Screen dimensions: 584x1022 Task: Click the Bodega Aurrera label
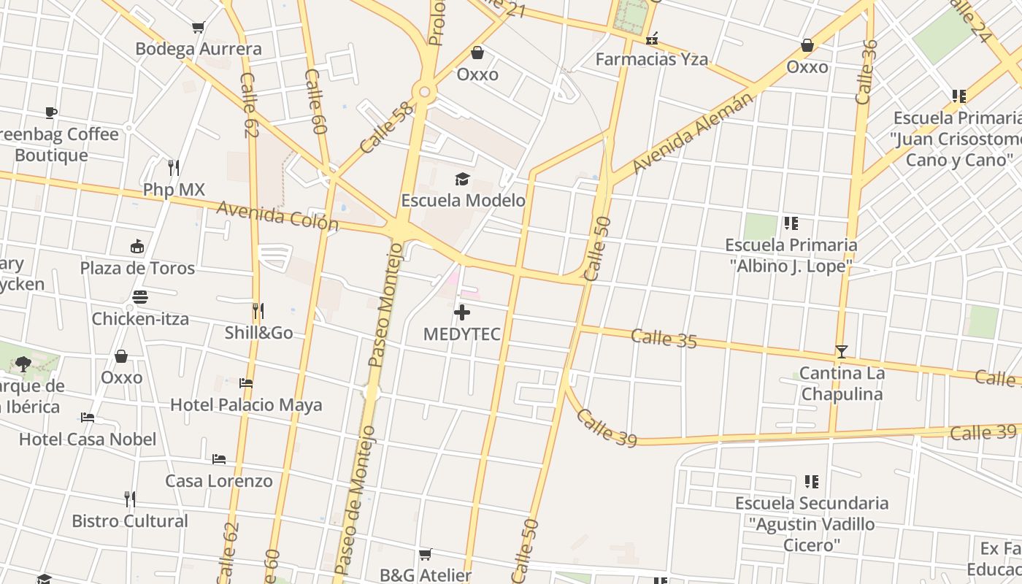pyautogui.click(x=198, y=49)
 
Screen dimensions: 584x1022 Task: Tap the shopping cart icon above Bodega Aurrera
pyautogui.click(x=198, y=28)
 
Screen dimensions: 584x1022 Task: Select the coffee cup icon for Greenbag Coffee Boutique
pyautogui.click(x=50, y=112)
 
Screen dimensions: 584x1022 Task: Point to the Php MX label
pyautogui.click(x=174, y=190)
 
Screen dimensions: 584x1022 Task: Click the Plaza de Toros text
pyautogui.click(x=137, y=268)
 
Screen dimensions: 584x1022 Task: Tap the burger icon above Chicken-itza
pyautogui.click(x=140, y=297)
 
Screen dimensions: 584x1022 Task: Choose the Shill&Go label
pyautogui.click(x=258, y=333)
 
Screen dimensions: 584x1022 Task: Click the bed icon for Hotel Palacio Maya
pyautogui.click(x=246, y=383)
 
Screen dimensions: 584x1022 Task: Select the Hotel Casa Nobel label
pyautogui.click(x=88, y=439)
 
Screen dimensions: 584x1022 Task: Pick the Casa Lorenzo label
pyautogui.click(x=219, y=480)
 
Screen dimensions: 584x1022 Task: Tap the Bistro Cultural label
pyautogui.click(x=130, y=521)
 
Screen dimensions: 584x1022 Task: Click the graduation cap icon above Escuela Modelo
pyautogui.click(x=462, y=179)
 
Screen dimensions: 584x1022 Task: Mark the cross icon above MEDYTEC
pyautogui.click(x=462, y=313)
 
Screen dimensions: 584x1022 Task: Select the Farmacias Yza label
pyautogui.click(x=651, y=59)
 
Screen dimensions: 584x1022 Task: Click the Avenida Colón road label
pyautogui.click(x=277, y=216)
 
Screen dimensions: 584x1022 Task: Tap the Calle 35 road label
pyautogui.click(x=664, y=338)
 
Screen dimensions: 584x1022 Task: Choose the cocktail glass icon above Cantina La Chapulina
pyautogui.click(x=842, y=352)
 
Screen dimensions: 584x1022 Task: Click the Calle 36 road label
pyautogui.click(x=866, y=72)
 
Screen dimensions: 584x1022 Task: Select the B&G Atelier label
pyautogui.click(x=426, y=575)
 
